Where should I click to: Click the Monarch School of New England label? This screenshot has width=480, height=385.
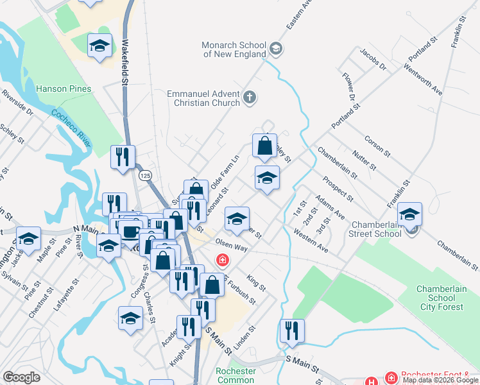click(x=234, y=49)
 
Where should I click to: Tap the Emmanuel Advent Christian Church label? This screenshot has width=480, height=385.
click(x=203, y=98)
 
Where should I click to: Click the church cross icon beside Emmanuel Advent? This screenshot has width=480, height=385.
click(x=250, y=98)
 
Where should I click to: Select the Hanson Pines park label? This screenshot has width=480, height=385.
click(x=64, y=89)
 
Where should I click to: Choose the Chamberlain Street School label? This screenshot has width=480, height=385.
click(x=376, y=229)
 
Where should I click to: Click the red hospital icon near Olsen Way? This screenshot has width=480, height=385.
click(x=222, y=260)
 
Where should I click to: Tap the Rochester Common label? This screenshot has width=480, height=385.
click(x=236, y=375)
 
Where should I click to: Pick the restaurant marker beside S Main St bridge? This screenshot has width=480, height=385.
click(x=292, y=331)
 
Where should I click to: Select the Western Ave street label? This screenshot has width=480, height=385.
click(x=311, y=239)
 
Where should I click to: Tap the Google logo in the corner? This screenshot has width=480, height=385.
click(x=21, y=377)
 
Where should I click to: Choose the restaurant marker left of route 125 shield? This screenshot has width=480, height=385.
click(x=122, y=157)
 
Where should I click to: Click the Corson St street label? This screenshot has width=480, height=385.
click(x=377, y=146)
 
